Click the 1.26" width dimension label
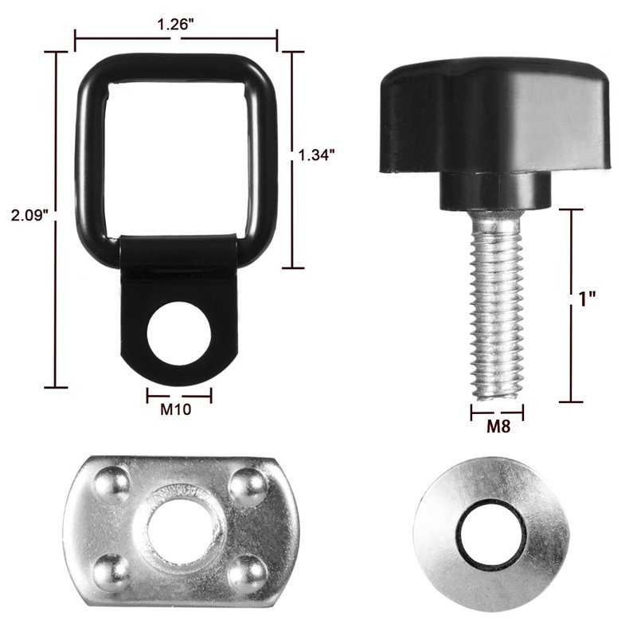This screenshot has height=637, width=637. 175,25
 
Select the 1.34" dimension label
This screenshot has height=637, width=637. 316,154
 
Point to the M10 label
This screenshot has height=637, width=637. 175,409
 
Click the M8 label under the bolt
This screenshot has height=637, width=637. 498,426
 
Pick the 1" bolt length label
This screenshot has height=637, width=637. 587,300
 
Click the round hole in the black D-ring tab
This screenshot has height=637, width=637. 179,333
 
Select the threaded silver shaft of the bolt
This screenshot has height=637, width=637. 496,305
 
